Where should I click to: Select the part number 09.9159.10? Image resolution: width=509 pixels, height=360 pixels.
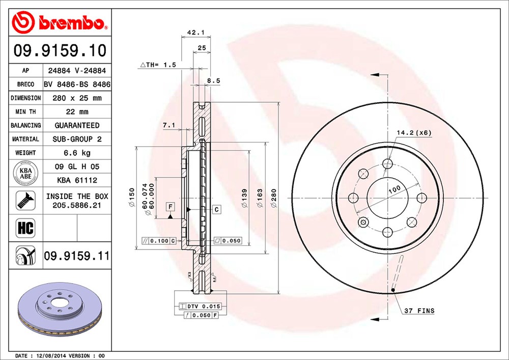60,51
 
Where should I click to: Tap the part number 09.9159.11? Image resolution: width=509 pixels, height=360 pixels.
76,256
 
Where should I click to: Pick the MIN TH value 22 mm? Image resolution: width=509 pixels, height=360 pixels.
76,112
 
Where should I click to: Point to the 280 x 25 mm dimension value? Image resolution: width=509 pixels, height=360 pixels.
76,98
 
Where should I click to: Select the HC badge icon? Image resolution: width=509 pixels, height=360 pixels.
26,228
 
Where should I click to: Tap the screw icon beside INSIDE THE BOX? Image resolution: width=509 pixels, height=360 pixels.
26,200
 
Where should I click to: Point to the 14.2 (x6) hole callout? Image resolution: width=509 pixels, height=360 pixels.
414,133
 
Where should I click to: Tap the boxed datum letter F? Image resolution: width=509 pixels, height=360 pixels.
170,206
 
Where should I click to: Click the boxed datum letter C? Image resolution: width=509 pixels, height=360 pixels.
216,209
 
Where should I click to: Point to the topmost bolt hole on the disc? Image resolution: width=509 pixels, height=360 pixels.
388,164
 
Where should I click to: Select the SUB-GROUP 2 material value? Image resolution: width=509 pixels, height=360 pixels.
76,139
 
